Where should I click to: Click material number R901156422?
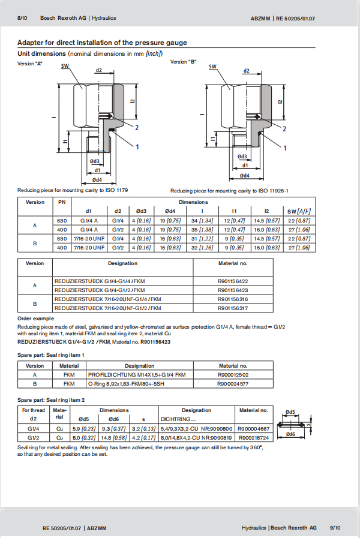(233, 280)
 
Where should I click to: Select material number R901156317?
(233, 308)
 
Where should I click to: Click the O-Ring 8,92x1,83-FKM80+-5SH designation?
(134, 383)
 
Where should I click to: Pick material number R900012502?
(233, 374)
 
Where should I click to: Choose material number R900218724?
(255, 437)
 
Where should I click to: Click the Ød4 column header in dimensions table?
(170, 211)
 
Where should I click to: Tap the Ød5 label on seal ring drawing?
(290, 411)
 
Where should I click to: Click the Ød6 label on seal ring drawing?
(290, 434)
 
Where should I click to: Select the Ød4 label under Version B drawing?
(244, 176)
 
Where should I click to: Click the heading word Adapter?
(31, 43)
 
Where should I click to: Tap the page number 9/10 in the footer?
(335, 527)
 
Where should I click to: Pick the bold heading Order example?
(36, 318)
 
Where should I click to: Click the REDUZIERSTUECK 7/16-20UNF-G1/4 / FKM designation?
(108, 299)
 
